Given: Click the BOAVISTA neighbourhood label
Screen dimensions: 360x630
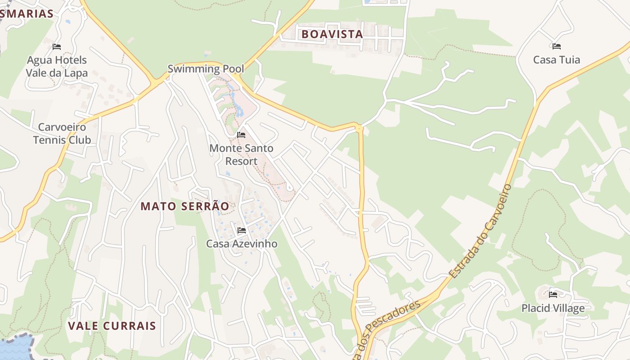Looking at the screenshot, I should tap(332, 34).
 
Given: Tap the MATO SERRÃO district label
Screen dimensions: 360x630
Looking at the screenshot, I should tap(184, 207).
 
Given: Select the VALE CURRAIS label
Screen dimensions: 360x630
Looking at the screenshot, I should tap(112, 326).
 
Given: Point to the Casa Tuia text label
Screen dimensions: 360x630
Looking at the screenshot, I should tap(556, 60).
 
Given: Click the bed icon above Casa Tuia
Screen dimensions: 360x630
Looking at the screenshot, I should tap(556, 46).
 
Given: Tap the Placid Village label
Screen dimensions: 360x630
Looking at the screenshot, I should tap(553, 308).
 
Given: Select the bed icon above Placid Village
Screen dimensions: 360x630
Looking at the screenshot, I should tap(553, 295).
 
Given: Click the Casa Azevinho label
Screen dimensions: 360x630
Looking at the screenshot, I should tap(242, 244).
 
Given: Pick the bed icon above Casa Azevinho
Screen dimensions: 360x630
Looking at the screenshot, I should tap(242, 230).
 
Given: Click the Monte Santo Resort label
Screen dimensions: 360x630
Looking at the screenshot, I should tap(241, 154).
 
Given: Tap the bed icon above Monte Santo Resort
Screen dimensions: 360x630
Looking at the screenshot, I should tap(241, 135).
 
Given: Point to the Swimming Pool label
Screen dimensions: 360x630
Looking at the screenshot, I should tap(206, 69).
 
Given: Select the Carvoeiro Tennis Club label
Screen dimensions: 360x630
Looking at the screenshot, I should tap(62, 134).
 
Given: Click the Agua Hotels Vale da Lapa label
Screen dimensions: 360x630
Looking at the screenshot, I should tap(57, 67).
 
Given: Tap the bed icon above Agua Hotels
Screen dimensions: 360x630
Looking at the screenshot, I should tap(57, 46).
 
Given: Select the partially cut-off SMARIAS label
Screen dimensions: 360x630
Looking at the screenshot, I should tap(27, 14).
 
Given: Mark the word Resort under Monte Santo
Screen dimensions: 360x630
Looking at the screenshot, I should tap(241, 161).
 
